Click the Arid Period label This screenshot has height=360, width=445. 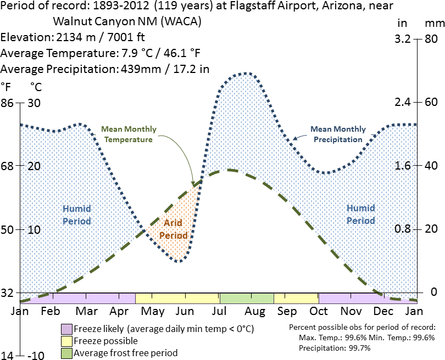(174, 229)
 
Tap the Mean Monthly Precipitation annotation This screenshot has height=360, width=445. (338, 134)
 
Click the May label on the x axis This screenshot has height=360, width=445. (153, 312)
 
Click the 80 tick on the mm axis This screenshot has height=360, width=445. (430, 40)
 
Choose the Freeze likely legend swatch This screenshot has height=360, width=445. (66, 329)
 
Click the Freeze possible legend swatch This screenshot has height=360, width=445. (66, 341)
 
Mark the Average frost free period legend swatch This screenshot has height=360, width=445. (66, 353)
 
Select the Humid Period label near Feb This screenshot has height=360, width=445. (76, 215)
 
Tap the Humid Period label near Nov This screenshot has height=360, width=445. (360, 215)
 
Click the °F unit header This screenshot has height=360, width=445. (6, 87)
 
